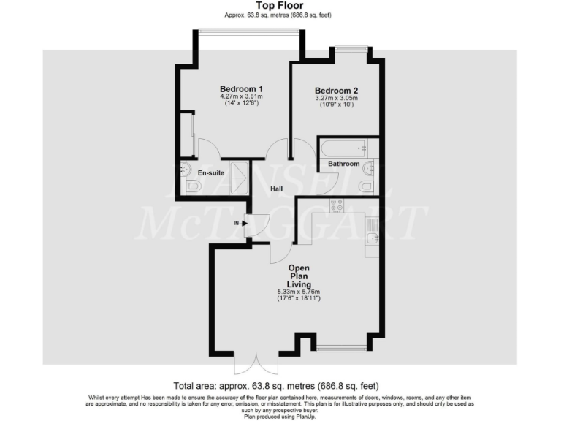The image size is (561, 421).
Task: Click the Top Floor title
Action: click(280, 5)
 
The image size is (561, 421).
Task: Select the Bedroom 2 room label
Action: click(336, 91)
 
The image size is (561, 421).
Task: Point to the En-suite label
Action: click(211, 173)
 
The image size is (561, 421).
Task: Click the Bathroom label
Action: click(343, 164)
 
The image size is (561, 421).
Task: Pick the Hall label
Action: click(277, 189)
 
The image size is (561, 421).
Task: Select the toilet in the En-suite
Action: click(191, 187)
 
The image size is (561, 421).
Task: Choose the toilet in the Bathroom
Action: click(367, 187)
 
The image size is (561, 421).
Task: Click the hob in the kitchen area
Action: click(337, 206)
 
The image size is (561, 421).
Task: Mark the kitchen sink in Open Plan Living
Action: click(372, 238)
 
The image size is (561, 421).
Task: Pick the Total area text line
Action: click(276, 385)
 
